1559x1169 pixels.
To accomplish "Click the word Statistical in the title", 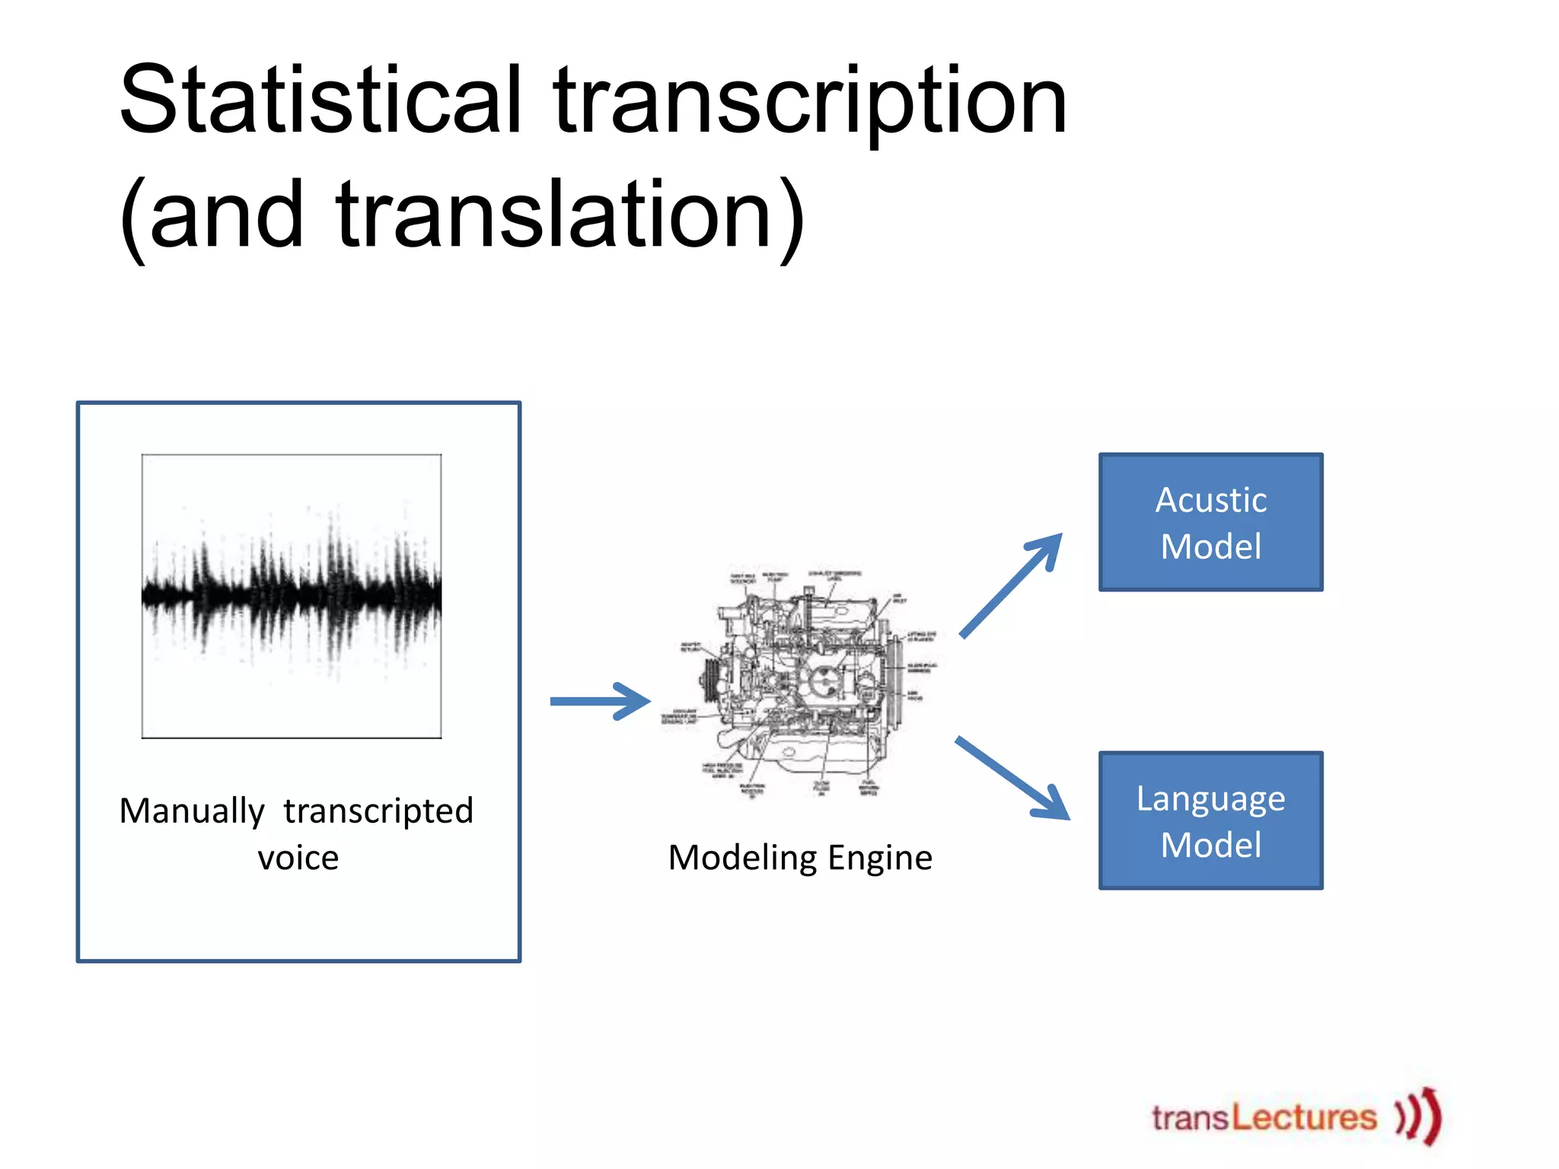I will tap(320, 100).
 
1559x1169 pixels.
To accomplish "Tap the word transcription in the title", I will tap(810, 103).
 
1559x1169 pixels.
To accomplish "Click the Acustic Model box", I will tap(1210, 522).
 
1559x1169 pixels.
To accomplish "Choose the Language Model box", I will tap(1210, 820).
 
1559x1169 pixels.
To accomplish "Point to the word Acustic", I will tap(1210, 500).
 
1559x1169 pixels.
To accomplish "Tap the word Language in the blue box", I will tap(1210, 798).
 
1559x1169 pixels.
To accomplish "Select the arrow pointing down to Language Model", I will tap(1012, 778).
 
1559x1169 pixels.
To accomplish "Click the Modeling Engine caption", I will tap(800, 858).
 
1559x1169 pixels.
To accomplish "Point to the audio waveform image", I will tap(292, 596).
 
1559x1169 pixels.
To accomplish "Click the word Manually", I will tap(192, 811).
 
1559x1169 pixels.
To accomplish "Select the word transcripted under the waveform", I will tap(378, 811).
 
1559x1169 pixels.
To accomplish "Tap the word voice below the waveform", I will tap(298, 858).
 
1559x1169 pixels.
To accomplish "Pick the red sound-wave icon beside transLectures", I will tap(1419, 1116).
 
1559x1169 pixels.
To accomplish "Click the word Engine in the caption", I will tap(880, 858).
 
